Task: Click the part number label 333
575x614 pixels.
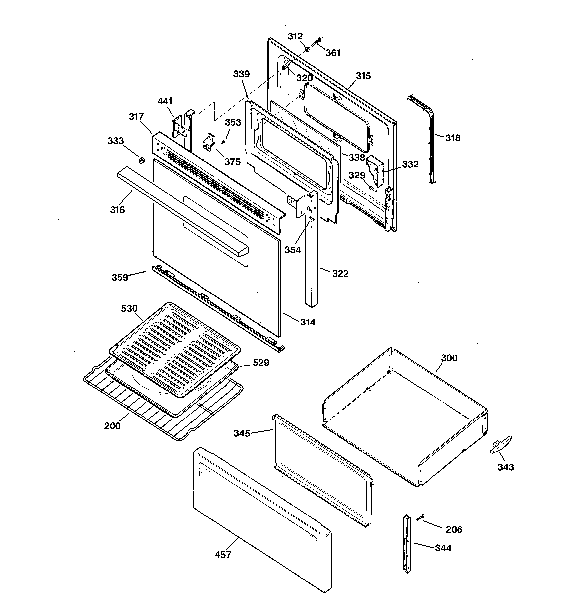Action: click(x=115, y=141)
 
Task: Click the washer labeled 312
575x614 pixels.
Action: click(x=307, y=49)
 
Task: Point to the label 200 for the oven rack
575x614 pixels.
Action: click(x=112, y=426)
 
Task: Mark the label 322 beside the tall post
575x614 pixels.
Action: click(x=340, y=273)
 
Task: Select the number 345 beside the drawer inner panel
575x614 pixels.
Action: click(x=242, y=433)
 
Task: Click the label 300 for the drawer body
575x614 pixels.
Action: click(x=449, y=358)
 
